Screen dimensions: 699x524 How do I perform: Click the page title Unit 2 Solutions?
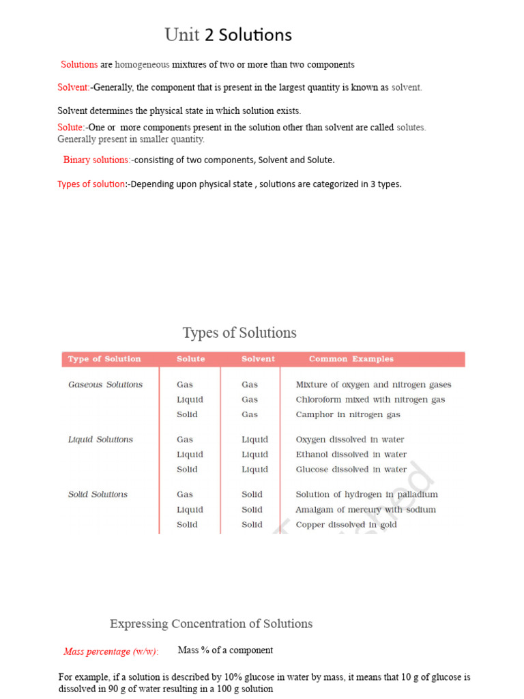tap(228, 35)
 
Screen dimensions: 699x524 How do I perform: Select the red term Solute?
tap(71, 128)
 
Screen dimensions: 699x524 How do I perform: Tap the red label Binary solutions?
tap(97, 160)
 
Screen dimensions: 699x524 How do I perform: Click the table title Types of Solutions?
tap(239, 333)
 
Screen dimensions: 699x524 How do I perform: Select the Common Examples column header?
tap(351, 359)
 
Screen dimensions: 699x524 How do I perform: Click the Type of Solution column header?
tap(104, 359)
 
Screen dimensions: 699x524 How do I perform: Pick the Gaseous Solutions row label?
tap(105, 385)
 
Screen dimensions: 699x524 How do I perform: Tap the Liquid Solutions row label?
tap(100, 440)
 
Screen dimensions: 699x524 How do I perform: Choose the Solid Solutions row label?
tap(98, 494)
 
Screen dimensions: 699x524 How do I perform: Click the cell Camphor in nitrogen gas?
tap(347, 414)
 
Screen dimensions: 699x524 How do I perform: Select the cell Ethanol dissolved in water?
tap(351, 455)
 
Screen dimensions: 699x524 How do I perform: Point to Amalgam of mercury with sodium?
tap(365, 510)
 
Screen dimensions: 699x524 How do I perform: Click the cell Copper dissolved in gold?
tap(346, 525)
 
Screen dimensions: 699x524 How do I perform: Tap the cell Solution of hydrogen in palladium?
tap(366, 494)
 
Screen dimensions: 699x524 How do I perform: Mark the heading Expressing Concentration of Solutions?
tap(211, 624)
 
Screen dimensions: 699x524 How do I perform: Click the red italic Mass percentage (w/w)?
tap(110, 652)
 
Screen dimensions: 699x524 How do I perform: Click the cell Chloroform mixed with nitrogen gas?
tap(370, 400)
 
